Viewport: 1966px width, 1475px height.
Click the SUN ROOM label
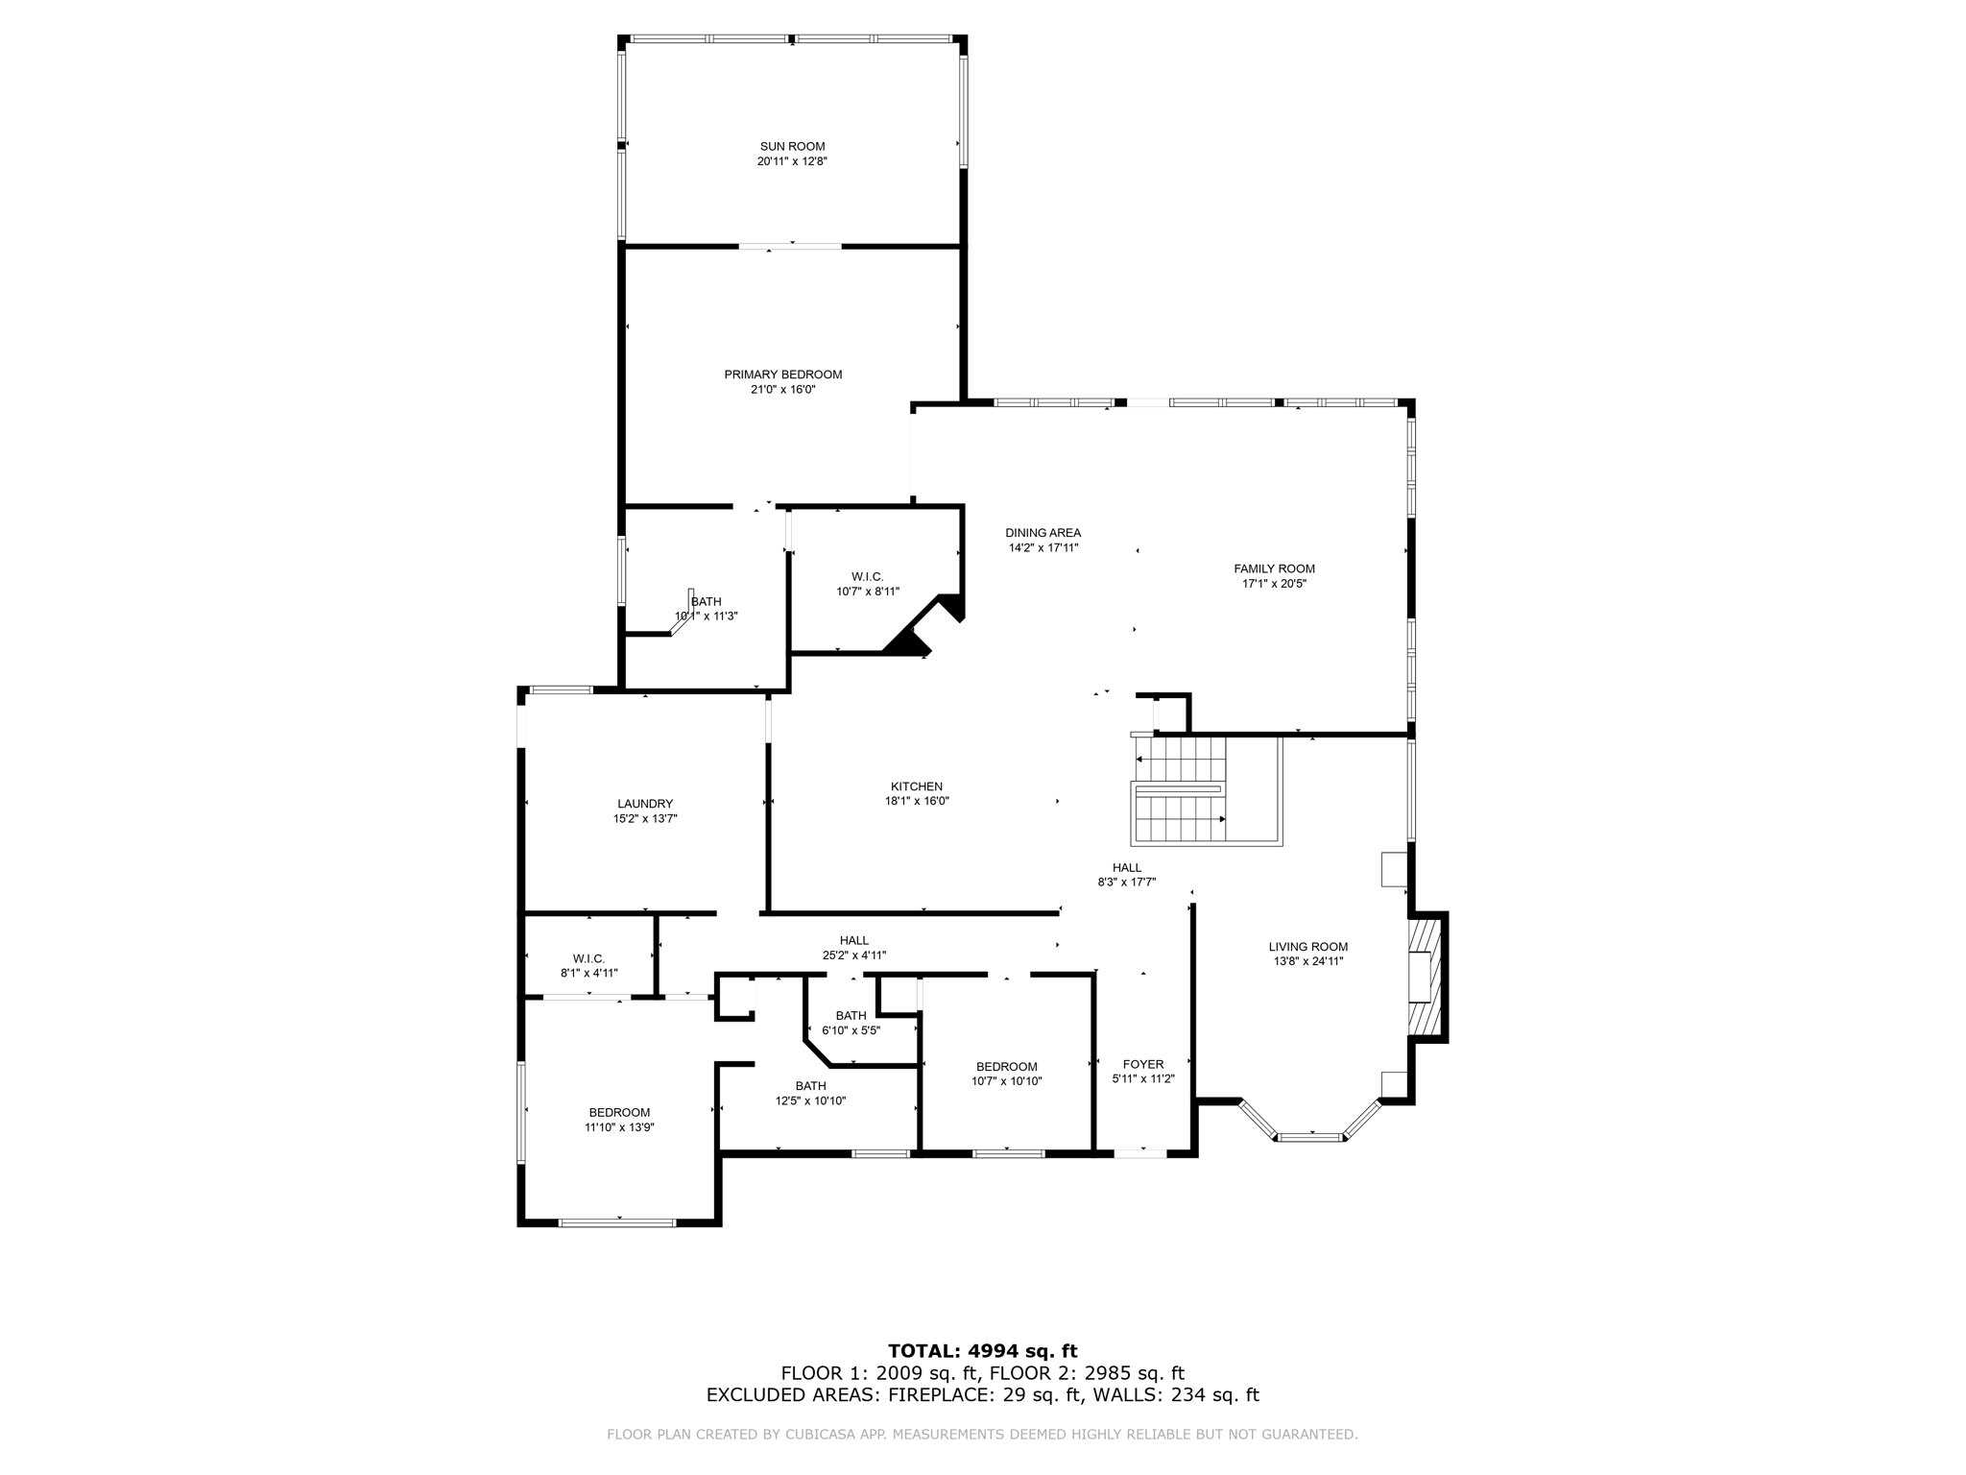click(792, 147)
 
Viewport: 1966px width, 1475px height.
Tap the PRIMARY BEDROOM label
click(783, 375)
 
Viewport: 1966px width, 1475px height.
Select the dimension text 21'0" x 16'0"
click(783, 390)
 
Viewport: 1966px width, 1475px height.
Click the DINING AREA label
click(1043, 533)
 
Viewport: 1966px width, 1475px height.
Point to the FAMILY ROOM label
click(1275, 568)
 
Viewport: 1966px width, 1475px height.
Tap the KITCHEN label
click(917, 786)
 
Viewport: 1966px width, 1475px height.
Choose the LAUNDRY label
click(645, 804)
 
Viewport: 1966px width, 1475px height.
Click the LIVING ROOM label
click(1308, 947)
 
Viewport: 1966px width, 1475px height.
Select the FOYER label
click(1143, 1064)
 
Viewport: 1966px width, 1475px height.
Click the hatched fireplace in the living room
click(1425, 976)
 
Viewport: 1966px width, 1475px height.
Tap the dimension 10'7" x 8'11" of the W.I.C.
click(868, 592)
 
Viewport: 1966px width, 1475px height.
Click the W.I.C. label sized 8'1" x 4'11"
click(589, 958)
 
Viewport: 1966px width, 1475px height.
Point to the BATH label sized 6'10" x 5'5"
click(851, 1015)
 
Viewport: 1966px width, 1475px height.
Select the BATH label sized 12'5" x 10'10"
click(811, 1086)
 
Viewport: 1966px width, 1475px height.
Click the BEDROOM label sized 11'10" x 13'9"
click(620, 1112)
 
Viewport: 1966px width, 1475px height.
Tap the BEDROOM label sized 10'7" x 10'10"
click(1007, 1067)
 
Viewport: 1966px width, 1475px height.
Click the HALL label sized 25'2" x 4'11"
click(854, 940)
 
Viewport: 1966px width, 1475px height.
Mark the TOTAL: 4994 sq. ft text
click(983, 1351)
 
